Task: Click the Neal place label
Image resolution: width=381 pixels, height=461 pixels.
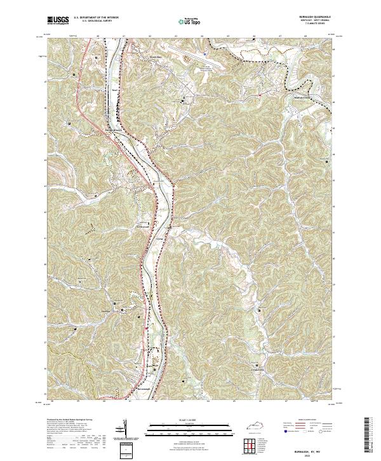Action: coord(115,90)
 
